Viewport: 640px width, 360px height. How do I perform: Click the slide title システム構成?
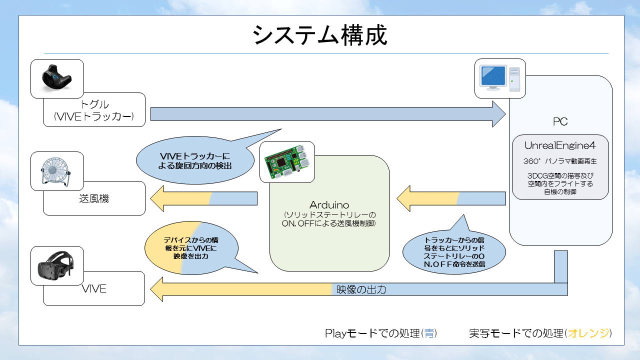point(320,35)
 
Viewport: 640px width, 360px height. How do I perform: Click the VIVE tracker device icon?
point(56,78)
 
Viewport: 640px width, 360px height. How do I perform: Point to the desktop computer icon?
point(500,77)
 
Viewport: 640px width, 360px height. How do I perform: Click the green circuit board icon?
point(287,161)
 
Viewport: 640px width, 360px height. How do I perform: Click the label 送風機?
point(94,198)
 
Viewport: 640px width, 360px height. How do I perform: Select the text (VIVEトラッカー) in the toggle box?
point(94,117)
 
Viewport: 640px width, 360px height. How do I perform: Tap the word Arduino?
point(329,204)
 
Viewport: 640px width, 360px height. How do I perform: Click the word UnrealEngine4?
point(559,145)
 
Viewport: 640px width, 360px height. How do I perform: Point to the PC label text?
point(560,121)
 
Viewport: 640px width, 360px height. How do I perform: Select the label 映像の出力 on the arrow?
point(361,289)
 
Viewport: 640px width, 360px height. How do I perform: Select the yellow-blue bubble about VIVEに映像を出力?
point(191,248)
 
